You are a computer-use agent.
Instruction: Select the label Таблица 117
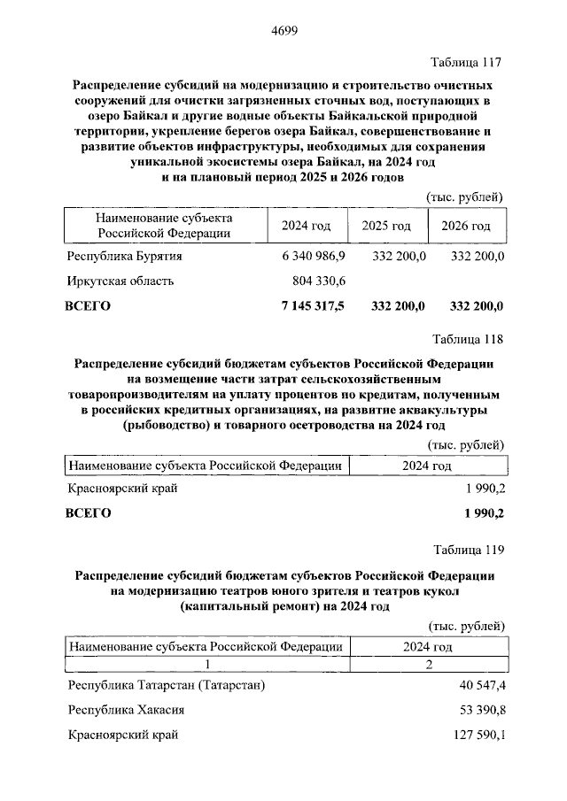467,62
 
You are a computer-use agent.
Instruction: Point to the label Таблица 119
467,551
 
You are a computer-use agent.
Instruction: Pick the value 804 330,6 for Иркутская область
319,281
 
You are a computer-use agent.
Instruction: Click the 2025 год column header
386,226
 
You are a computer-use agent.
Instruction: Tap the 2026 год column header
466,226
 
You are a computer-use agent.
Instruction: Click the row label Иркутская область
120,281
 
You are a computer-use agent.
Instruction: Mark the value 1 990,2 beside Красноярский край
484,489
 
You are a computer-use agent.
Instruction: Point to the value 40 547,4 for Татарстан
479,686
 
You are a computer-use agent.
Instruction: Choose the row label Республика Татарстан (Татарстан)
166,686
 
